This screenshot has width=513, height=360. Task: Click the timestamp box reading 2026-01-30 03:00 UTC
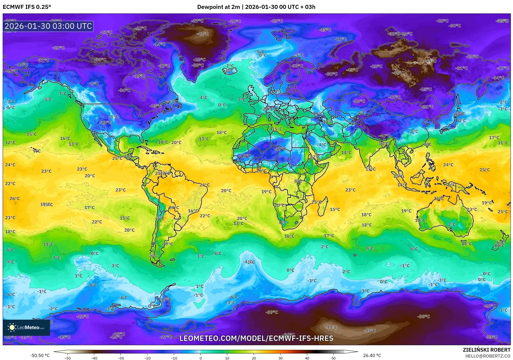pos(48,26)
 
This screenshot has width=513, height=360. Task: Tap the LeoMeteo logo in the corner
pos(26,327)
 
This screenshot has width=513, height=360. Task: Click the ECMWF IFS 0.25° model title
pos(27,7)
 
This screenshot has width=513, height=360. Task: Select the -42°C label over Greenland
pos(203,34)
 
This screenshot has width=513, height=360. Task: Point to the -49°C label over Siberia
pos(430,61)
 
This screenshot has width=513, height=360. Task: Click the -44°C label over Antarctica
pos(331,327)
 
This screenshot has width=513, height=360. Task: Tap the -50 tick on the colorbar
pos(68,358)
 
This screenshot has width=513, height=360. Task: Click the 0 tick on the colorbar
pos(200,358)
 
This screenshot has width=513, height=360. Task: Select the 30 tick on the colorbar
pos(280,358)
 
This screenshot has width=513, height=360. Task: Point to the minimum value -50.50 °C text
pos(40,355)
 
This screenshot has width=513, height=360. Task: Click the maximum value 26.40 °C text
pos(372,355)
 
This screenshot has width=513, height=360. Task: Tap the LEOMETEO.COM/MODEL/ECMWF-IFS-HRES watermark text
pos(256,338)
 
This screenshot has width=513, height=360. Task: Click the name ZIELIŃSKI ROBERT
pos(486,350)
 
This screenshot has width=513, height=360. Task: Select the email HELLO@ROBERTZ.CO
pos(487,356)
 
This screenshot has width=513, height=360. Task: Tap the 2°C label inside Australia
pos(452,224)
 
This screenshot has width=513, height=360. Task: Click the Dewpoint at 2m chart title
pos(256,7)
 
